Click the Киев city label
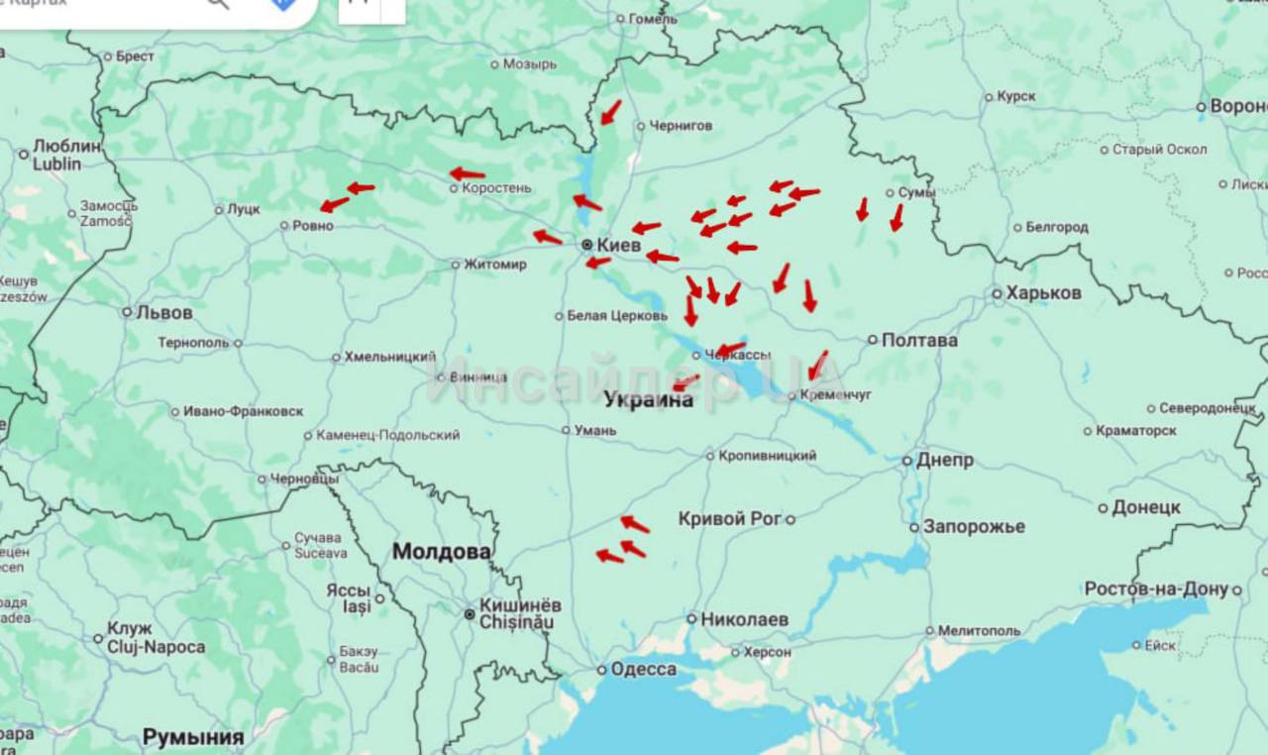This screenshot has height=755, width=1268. point(619,245)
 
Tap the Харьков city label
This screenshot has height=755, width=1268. point(1043,293)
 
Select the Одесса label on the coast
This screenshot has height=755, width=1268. point(643,670)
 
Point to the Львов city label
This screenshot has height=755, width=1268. point(164,312)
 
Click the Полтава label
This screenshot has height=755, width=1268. point(919,340)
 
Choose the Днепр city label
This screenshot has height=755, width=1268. point(944,461)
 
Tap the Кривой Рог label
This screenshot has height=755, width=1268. point(729,518)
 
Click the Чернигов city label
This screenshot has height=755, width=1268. point(681,126)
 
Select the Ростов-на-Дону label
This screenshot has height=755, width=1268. point(1156,590)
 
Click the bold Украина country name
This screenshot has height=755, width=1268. point(649,400)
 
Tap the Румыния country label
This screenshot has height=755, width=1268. point(193,737)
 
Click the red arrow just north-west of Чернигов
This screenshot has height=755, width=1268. point(610,112)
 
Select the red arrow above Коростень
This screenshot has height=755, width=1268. point(468,173)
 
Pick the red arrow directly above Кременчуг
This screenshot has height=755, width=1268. point(817,365)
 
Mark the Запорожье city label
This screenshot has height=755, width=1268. point(974,526)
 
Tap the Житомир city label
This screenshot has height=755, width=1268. point(495,265)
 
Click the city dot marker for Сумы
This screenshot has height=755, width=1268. point(891,193)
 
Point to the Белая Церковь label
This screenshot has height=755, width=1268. point(617,316)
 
